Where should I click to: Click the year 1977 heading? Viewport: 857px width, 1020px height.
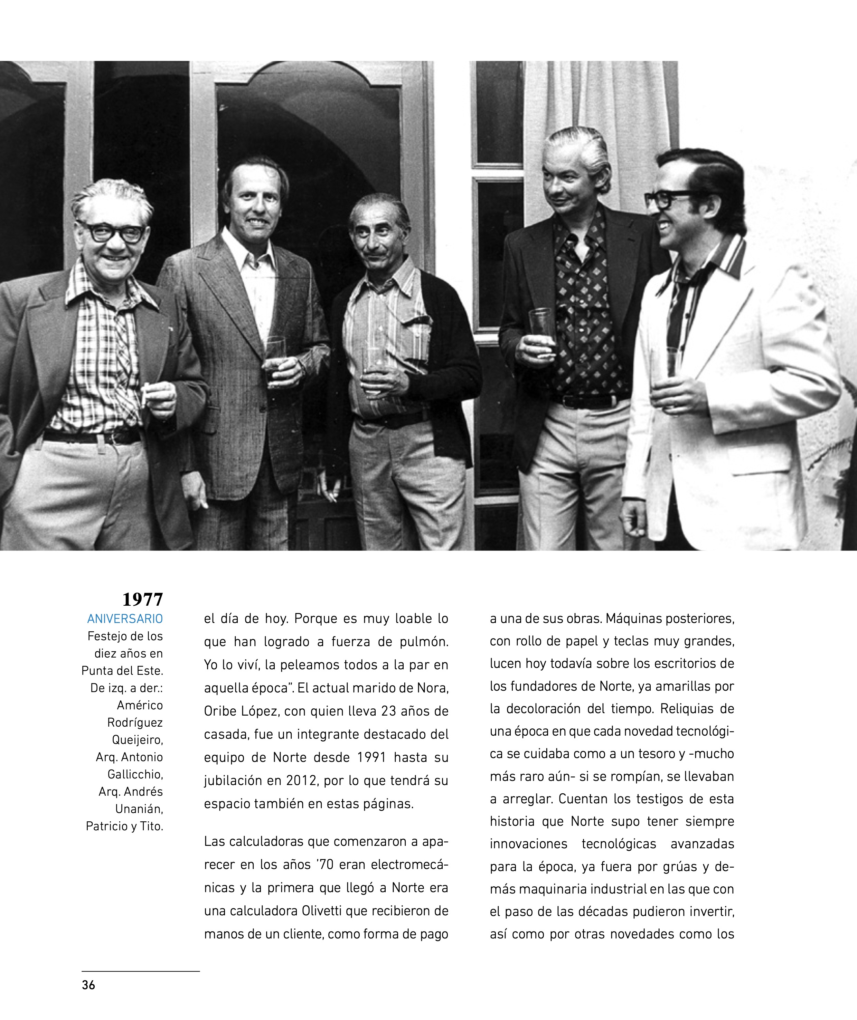point(142,599)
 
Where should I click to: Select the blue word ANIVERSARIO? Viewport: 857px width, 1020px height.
point(125,619)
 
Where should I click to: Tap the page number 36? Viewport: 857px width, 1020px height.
point(88,985)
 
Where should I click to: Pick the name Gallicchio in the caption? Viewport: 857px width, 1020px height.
point(135,774)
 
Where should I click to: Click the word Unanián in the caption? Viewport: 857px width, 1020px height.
point(139,809)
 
